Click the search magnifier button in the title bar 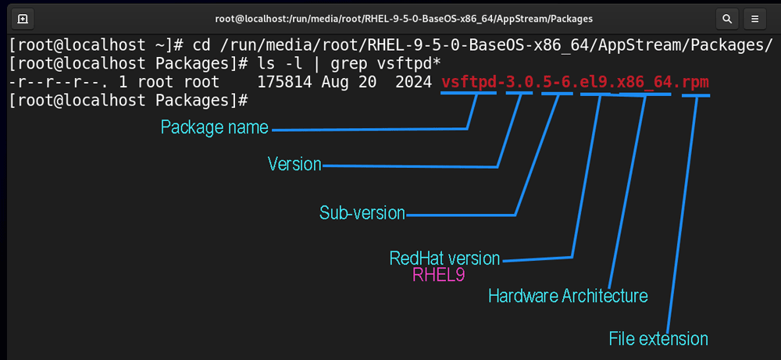tap(726, 20)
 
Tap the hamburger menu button tap(754, 20)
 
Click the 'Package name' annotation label tap(215, 127)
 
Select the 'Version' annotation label tap(294, 164)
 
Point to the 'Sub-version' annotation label tap(362, 213)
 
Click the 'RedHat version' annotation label tap(444, 258)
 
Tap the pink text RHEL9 tap(438, 276)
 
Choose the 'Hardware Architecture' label tap(568, 296)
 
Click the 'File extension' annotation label tap(658, 339)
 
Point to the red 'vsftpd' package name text tap(469, 82)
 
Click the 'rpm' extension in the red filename tap(696, 82)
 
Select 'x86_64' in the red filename tap(645, 83)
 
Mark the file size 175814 tap(284, 82)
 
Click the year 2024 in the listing tap(413, 82)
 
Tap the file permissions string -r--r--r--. tap(59, 83)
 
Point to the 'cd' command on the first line tap(201, 46)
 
